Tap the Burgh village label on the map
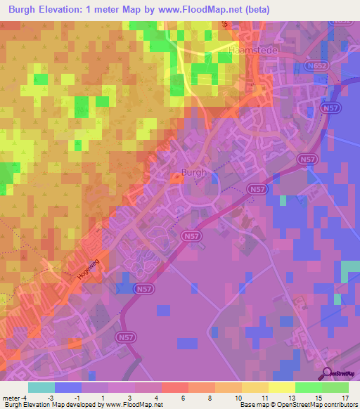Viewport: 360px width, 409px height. coord(193,171)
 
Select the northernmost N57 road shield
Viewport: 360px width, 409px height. coord(329,108)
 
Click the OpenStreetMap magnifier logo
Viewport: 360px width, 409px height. coord(328,373)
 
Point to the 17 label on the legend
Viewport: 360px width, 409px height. coord(345,398)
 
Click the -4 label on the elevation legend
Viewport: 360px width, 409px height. coord(24,398)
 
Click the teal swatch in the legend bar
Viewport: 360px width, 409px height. coord(41,387)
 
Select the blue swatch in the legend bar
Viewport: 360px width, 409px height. coord(68,387)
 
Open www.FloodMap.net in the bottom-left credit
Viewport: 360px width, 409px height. coord(134,405)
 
